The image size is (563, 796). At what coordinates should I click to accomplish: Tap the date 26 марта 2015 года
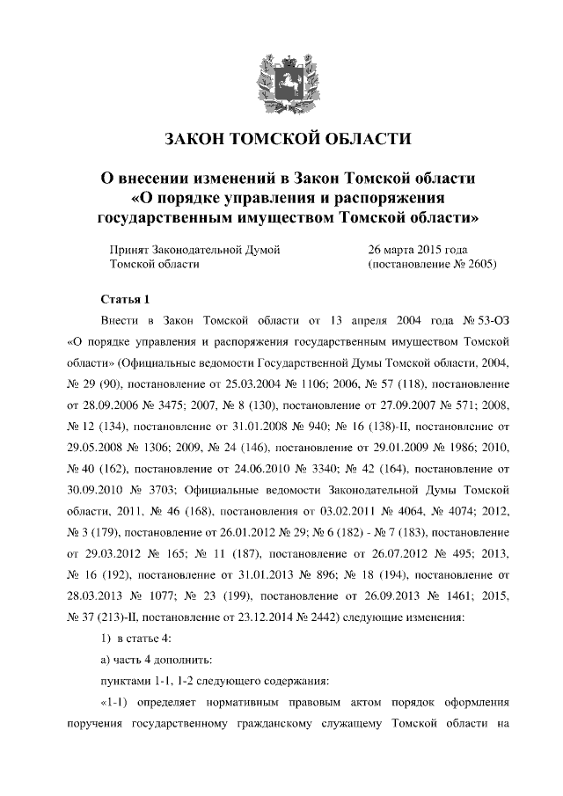[x=418, y=249]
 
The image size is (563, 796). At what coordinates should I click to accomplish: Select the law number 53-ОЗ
[x=492, y=320]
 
